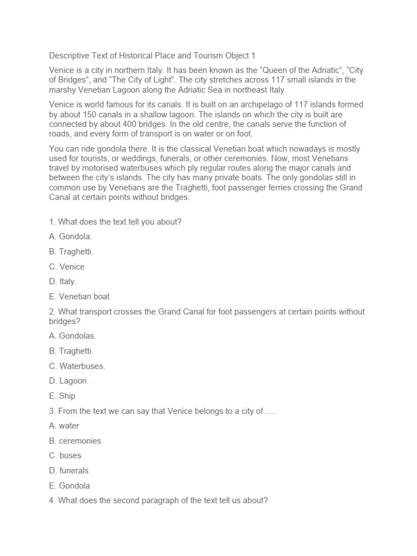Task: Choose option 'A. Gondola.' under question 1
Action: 71,237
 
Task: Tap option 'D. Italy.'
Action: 62,281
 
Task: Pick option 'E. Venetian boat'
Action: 79,296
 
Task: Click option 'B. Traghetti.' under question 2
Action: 71,351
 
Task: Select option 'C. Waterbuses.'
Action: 77,366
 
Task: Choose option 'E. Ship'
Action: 62,396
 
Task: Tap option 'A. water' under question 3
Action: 65,426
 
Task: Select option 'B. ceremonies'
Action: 75,440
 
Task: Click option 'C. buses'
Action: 65,456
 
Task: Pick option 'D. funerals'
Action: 69,470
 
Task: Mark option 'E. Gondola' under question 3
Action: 69,485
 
